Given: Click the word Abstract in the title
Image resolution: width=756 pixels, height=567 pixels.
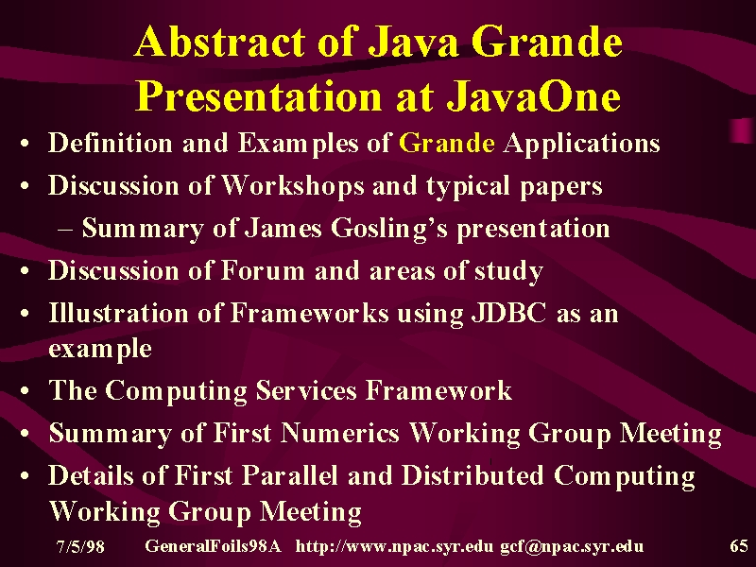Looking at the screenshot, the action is pos(219,42).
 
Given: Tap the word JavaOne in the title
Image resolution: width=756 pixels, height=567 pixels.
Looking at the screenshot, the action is pos(533,95).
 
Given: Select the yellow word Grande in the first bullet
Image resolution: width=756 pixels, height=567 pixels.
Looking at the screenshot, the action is pos(446,144).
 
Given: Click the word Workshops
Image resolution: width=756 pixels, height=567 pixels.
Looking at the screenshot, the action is pos(293,186).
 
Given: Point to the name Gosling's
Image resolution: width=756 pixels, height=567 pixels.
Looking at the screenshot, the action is pos(389,229).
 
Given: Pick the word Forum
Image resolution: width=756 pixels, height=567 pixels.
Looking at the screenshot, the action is pos(263,270).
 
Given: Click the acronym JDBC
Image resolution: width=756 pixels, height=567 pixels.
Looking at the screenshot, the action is pos(509,314).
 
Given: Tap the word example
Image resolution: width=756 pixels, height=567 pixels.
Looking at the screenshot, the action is pos(100,349).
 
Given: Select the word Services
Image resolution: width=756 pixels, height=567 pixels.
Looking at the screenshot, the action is pos(306,390).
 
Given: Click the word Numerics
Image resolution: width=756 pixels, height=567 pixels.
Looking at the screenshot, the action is pos(340,433).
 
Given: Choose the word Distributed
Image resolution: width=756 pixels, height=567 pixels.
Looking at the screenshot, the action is pos(472,475).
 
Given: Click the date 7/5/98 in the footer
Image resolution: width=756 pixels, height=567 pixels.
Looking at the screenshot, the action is pos(80,546).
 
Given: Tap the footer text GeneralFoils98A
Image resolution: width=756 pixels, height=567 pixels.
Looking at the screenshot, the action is pos(213,546).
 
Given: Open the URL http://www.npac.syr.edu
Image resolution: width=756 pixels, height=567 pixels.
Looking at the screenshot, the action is pos(394,546).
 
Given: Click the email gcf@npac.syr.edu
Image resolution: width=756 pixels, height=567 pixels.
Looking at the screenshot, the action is pos(572,546).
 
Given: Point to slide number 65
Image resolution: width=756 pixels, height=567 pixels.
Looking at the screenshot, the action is pos(739,546).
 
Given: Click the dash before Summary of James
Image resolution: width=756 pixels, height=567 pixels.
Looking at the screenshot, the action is pos(65,229).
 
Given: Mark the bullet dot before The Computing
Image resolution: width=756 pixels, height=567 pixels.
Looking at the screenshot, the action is pos(26,390).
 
